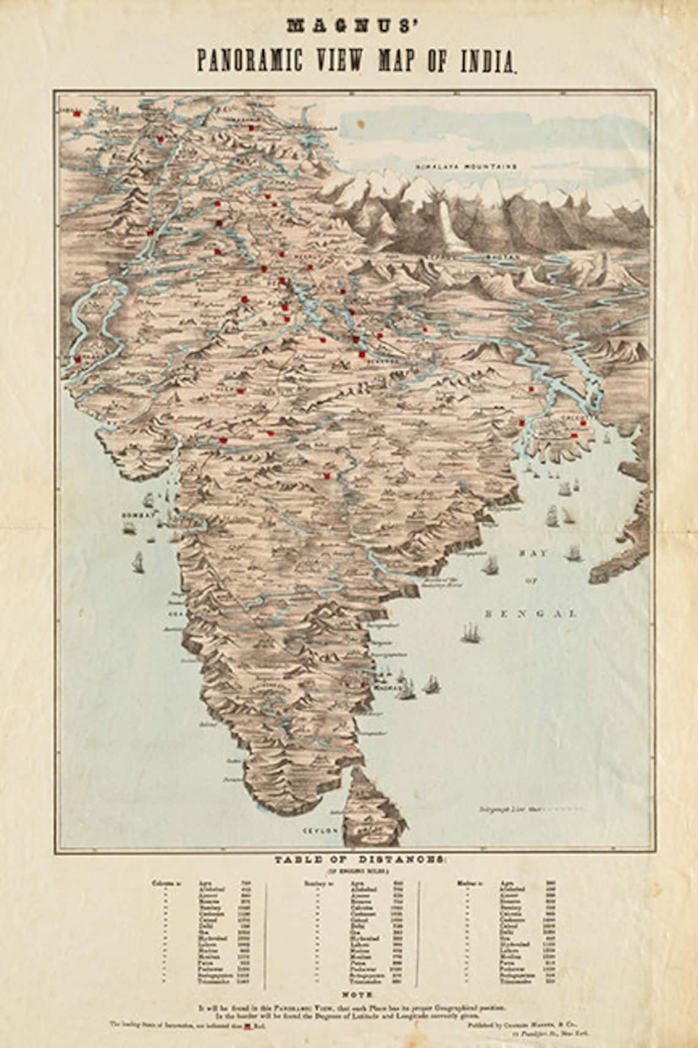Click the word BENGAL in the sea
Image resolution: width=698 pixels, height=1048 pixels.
click(x=530, y=612)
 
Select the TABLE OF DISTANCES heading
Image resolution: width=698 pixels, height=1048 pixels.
click(x=348, y=859)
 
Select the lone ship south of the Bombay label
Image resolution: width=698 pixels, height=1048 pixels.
click(x=139, y=559)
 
